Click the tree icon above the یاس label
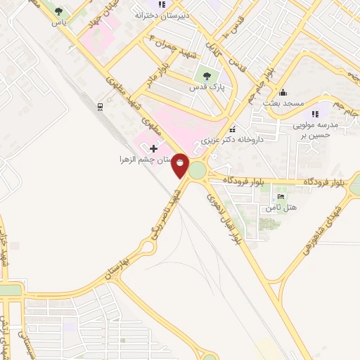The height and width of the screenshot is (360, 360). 58,11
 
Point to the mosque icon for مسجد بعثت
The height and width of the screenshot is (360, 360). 282,92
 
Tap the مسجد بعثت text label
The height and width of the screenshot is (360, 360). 283,103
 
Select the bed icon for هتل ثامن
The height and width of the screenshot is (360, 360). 281,197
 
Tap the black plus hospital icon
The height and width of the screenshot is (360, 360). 154,148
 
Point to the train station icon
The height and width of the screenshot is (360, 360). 101,106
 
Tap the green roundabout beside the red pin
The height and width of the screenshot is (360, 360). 197,170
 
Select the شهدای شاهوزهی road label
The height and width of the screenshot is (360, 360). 325,231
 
